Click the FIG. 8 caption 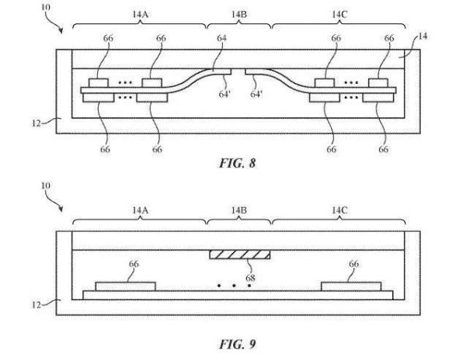[233, 164]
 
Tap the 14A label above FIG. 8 [140, 13]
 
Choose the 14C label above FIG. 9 [339, 210]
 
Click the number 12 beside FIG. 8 [48, 120]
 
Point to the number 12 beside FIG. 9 [48, 303]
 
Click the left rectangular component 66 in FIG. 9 [125, 286]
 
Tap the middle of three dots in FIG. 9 [234, 286]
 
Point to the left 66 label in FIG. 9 [134, 265]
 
